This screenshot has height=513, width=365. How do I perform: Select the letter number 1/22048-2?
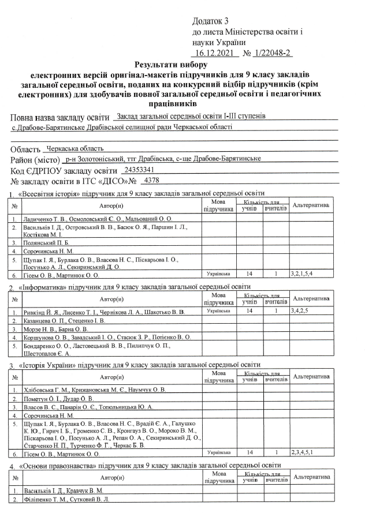[270, 53]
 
